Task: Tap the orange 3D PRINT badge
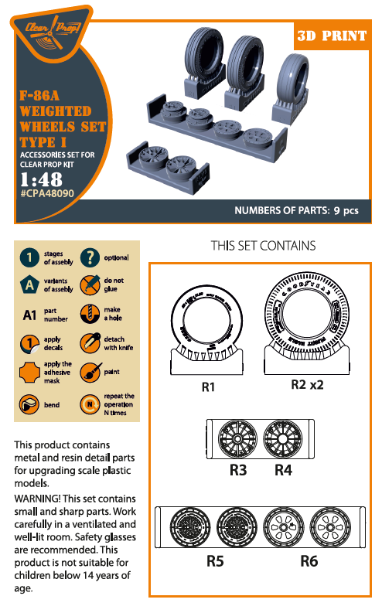point(335,36)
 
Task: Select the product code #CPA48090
point(47,194)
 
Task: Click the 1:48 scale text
point(40,179)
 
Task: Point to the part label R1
point(207,387)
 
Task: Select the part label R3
point(237,468)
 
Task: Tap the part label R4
point(283,468)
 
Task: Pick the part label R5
point(215,561)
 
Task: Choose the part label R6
point(309,561)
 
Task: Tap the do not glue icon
point(90,284)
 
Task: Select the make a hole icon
point(90,314)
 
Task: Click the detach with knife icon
point(90,343)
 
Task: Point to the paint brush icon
point(90,373)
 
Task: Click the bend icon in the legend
point(29,403)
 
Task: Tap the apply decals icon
point(29,343)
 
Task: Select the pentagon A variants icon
point(29,284)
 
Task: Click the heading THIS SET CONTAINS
point(263,246)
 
